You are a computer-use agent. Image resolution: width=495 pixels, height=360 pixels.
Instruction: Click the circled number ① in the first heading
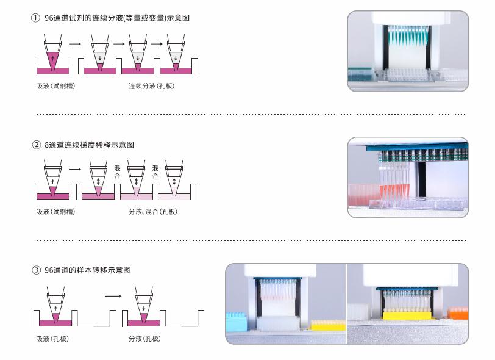click(x=35, y=18)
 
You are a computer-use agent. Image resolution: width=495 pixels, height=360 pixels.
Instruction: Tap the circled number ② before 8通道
click(x=36, y=145)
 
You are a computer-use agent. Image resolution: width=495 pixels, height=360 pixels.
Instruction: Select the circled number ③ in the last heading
click(x=36, y=270)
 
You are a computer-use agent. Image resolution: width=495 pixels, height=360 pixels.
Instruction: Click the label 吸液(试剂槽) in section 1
click(x=55, y=86)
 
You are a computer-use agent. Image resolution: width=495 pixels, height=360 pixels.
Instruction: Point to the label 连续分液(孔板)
click(x=151, y=86)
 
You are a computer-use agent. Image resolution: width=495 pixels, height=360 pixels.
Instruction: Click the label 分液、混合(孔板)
click(x=153, y=212)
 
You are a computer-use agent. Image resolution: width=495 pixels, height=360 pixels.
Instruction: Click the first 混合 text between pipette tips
click(x=118, y=171)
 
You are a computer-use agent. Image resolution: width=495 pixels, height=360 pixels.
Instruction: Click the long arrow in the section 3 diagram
click(x=113, y=296)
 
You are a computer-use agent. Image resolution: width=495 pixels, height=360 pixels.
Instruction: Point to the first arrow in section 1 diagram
click(x=75, y=44)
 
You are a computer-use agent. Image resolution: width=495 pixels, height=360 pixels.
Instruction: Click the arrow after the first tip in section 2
click(x=75, y=169)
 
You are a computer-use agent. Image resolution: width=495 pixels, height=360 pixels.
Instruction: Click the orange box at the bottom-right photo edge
click(x=458, y=313)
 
